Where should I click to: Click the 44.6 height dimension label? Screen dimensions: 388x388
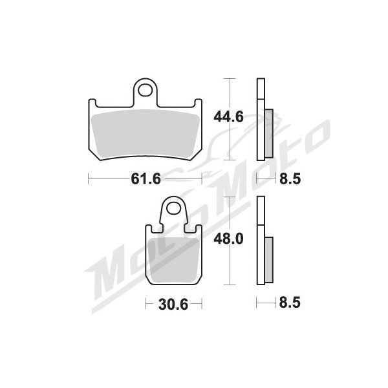228,117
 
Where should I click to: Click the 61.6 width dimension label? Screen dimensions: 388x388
145,178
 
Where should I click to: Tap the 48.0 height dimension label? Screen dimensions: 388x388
228,239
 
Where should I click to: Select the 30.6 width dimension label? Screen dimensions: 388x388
173,305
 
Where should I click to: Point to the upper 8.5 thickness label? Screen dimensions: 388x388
290,179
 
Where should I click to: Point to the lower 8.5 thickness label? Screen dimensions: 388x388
290,303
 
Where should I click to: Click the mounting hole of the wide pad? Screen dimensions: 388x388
145,91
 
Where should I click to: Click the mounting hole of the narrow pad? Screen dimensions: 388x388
173,208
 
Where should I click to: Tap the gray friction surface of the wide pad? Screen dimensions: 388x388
145,135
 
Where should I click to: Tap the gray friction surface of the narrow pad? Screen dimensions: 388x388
174,260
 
